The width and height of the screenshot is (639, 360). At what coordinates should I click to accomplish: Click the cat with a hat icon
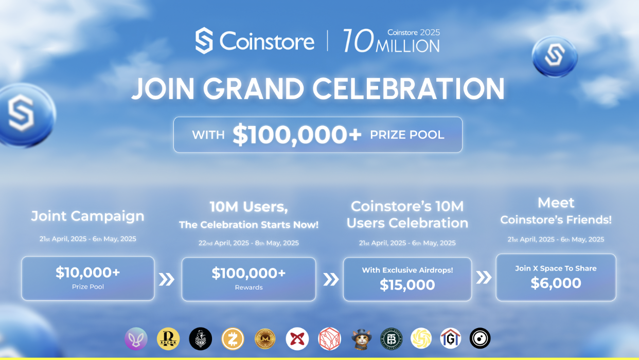pyautogui.click(x=361, y=339)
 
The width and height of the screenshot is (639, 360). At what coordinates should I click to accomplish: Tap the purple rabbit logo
pyautogui.click(x=136, y=338)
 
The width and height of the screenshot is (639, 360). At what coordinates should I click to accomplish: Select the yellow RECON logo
pyautogui.click(x=168, y=338)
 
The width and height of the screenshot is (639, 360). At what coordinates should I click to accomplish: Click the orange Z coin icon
pyautogui.click(x=233, y=338)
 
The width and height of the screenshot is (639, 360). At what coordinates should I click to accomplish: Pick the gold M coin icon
pyautogui.click(x=265, y=338)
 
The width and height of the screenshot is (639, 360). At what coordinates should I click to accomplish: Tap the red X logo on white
pyautogui.click(x=297, y=338)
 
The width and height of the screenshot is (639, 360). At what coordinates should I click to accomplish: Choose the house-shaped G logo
pyautogui.click(x=450, y=338)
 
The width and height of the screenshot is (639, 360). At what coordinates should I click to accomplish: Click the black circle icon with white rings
pyautogui.click(x=480, y=338)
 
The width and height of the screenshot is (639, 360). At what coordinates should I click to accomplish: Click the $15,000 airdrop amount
pyautogui.click(x=407, y=285)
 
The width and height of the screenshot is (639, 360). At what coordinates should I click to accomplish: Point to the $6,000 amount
pyautogui.click(x=556, y=283)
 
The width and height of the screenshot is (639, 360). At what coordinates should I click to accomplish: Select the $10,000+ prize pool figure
pyautogui.click(x=87, y=272)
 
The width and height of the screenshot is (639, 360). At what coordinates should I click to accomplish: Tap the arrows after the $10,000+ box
pyautogui.click(x=167, y=279)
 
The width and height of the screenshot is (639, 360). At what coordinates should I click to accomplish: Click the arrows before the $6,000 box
pyautogui.click(x=484, y=277)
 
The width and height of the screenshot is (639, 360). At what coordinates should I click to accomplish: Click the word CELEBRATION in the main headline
pyautogui.click(x=409, y=89)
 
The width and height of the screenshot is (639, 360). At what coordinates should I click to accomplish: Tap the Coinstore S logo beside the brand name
pyautogui.click(x=204, y=41)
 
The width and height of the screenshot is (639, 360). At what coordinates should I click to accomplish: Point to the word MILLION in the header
pyautogui.click(x=407, y=46)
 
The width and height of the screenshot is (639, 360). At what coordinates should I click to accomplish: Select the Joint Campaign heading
pyautogui.click(x=87, y=216)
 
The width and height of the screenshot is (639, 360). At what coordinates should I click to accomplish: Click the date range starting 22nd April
pyautogui.click(x=248, y=243)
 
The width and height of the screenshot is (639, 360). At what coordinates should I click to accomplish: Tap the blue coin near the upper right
pyautogui.click(x=555, y=57)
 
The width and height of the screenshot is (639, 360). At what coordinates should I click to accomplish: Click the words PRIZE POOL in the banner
pyautogui.click(x=407, y=135)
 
